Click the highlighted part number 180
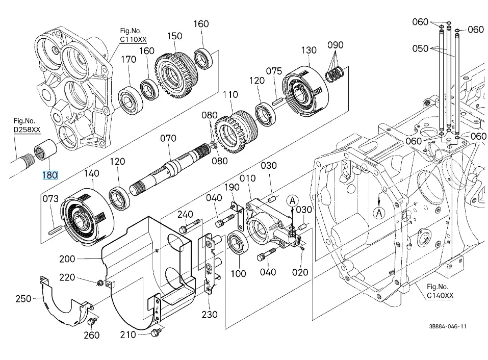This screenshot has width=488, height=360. tap(50, 175)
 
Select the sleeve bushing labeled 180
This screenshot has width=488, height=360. tap(46, 150)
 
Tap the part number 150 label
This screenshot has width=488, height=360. tap(174, 36)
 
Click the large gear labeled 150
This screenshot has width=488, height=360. tap(175, 75)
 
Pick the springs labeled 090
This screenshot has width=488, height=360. tap(334, 74)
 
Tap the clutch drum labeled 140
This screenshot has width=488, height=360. tap(88, 215)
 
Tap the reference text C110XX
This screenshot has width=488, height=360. tap(133, 40)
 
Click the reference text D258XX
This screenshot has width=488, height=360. tap(27, 130)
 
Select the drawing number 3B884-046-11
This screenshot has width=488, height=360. tap(448, 326)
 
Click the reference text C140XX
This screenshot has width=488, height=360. tap(440, 295)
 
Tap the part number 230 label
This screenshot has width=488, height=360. tap(209, 315)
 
